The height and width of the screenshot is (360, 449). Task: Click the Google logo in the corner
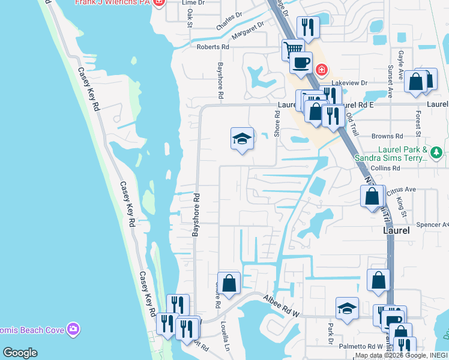click(x=20, y=353)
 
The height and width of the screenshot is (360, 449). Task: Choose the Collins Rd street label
click(x=385, y=168)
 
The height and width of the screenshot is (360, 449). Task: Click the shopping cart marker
click(x=293, y=49)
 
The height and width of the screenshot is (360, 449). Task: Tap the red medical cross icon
click(x=322, y=70)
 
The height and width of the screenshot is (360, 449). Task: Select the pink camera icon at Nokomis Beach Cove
click(x=73, y=329)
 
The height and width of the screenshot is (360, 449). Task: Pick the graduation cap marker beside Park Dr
click(x=347, y=308)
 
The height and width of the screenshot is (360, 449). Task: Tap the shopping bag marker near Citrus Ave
click(x=372, y=196)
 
